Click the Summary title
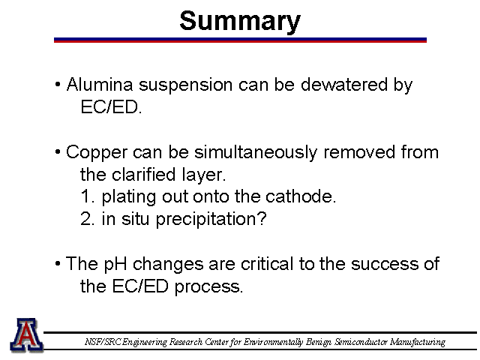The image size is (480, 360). (240, 22)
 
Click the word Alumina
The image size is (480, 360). (100, 84)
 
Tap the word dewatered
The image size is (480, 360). (344, 84)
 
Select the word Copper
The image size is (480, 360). (97, 153)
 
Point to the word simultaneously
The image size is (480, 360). (256, 153)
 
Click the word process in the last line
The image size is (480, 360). (208, 287)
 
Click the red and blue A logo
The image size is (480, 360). (27, 335)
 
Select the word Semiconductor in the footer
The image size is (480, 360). (361, 342)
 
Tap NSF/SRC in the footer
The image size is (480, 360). (103, 342)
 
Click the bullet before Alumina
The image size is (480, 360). (58, 84)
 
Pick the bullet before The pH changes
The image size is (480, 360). (58, 263)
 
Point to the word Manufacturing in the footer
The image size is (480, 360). (418, 342)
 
